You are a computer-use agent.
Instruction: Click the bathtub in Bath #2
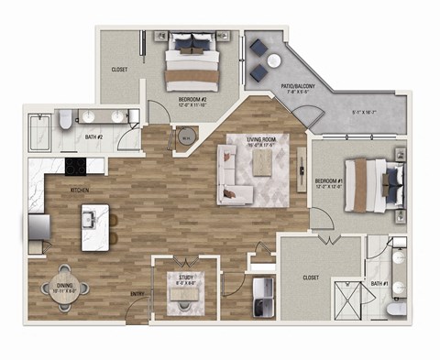tap(42, 133)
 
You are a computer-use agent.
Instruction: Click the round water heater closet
tap(186, 138)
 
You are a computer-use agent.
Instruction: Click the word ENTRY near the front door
tap(137, 295)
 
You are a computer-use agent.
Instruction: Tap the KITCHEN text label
tap(79, 190)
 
